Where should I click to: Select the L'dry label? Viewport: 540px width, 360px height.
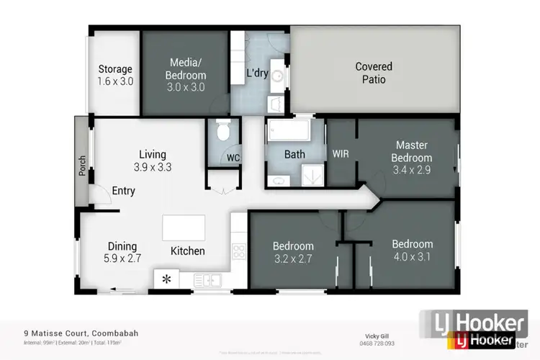[258, 73]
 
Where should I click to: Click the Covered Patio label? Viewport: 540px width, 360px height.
[374, 73]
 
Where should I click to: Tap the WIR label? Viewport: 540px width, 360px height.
[341, 153]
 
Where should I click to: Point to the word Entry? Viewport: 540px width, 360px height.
[123, 191]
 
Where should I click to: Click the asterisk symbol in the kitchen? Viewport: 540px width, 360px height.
[166, 279]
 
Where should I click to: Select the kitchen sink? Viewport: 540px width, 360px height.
[211, 279]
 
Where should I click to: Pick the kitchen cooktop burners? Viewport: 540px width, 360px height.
[238, 251]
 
